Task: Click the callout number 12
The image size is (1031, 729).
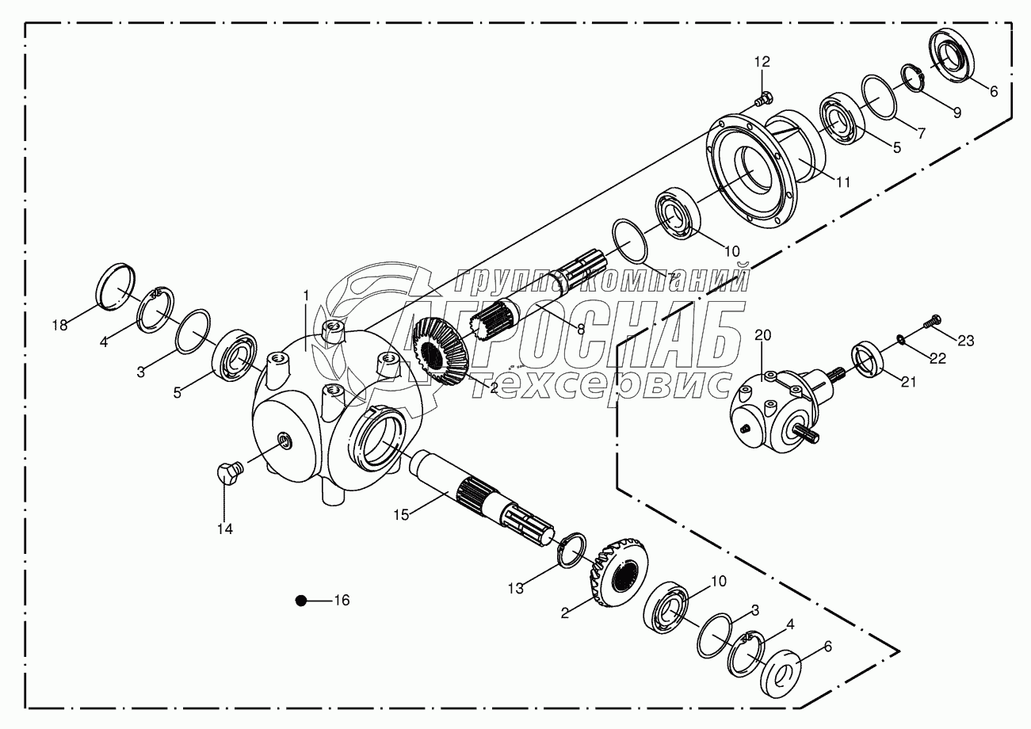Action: tap(762, 62)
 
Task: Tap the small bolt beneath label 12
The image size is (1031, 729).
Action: tap(762, 100)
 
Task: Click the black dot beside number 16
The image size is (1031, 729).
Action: tap(300, 601)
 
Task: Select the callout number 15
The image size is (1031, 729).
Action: tap(402, 515)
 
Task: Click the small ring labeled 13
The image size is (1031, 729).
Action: tap(571, 551)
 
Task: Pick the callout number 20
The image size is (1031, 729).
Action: tap(762, 334)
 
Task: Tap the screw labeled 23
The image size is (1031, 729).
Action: tap(932, 322)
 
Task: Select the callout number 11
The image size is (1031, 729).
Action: tap(842, 181)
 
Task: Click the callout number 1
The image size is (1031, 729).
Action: tap(306, 296)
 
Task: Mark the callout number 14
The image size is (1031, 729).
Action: tap(226, 529)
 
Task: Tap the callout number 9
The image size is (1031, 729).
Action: tap(957, 113)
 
